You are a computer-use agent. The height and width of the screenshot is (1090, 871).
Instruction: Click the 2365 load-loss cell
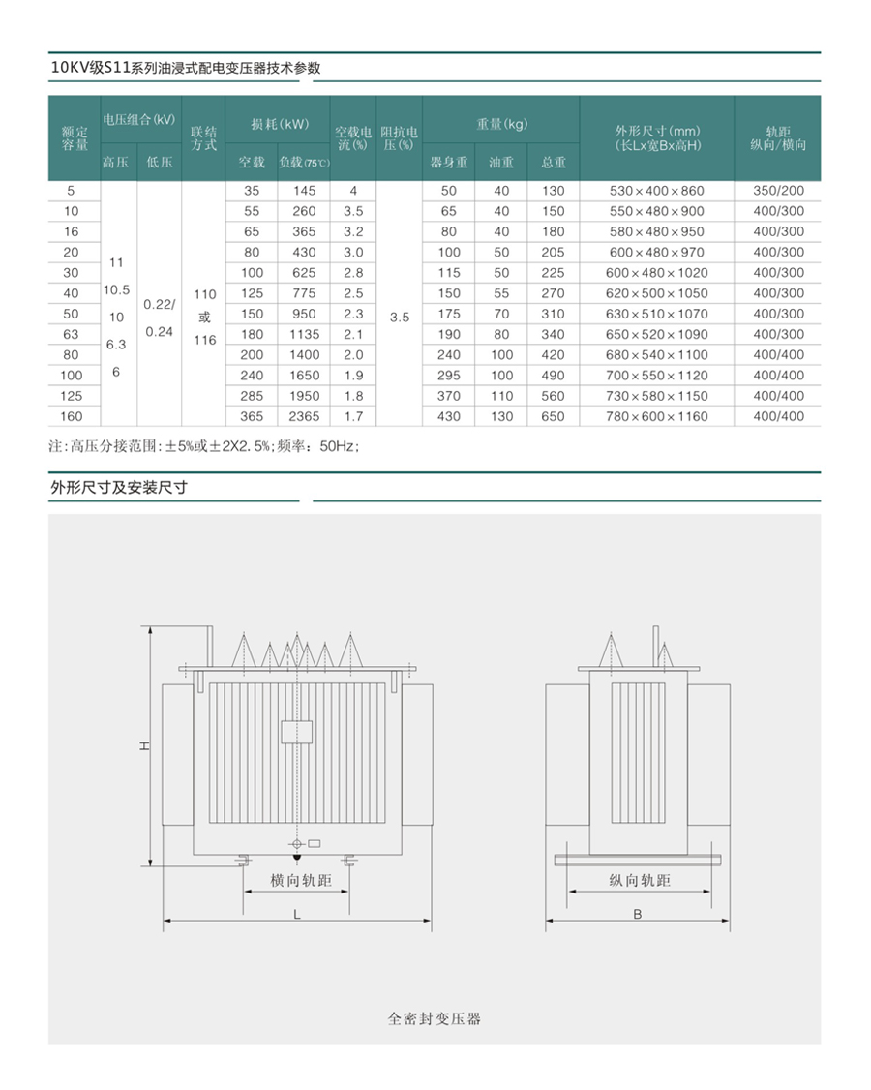point(304,416)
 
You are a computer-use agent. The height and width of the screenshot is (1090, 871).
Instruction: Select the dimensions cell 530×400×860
point(657,190)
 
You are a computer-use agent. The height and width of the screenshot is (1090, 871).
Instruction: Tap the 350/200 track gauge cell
point(778,190)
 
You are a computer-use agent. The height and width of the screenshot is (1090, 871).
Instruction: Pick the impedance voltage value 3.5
point(399,316)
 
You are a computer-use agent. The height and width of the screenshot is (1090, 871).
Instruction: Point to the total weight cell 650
point(553,416)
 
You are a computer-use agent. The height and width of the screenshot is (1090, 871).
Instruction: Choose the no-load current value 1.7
point(353,416)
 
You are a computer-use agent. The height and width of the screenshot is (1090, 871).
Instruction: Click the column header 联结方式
point(203,137)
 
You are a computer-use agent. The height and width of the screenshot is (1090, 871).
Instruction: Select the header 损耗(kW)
point(279,124)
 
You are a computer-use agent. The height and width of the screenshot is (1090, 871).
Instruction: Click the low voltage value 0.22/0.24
point(159,318)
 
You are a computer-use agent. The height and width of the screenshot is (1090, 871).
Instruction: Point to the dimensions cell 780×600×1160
point(657,416)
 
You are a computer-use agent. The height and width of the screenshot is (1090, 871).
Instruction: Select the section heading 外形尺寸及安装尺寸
point(118,488)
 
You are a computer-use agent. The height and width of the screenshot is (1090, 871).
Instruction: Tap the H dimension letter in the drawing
point(142,746)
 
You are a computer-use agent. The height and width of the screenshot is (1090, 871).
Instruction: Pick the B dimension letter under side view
point(638,913)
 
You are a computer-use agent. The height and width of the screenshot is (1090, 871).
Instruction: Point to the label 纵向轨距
point(640,880)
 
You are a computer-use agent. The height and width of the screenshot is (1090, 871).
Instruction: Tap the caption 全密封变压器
point(435,1018)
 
